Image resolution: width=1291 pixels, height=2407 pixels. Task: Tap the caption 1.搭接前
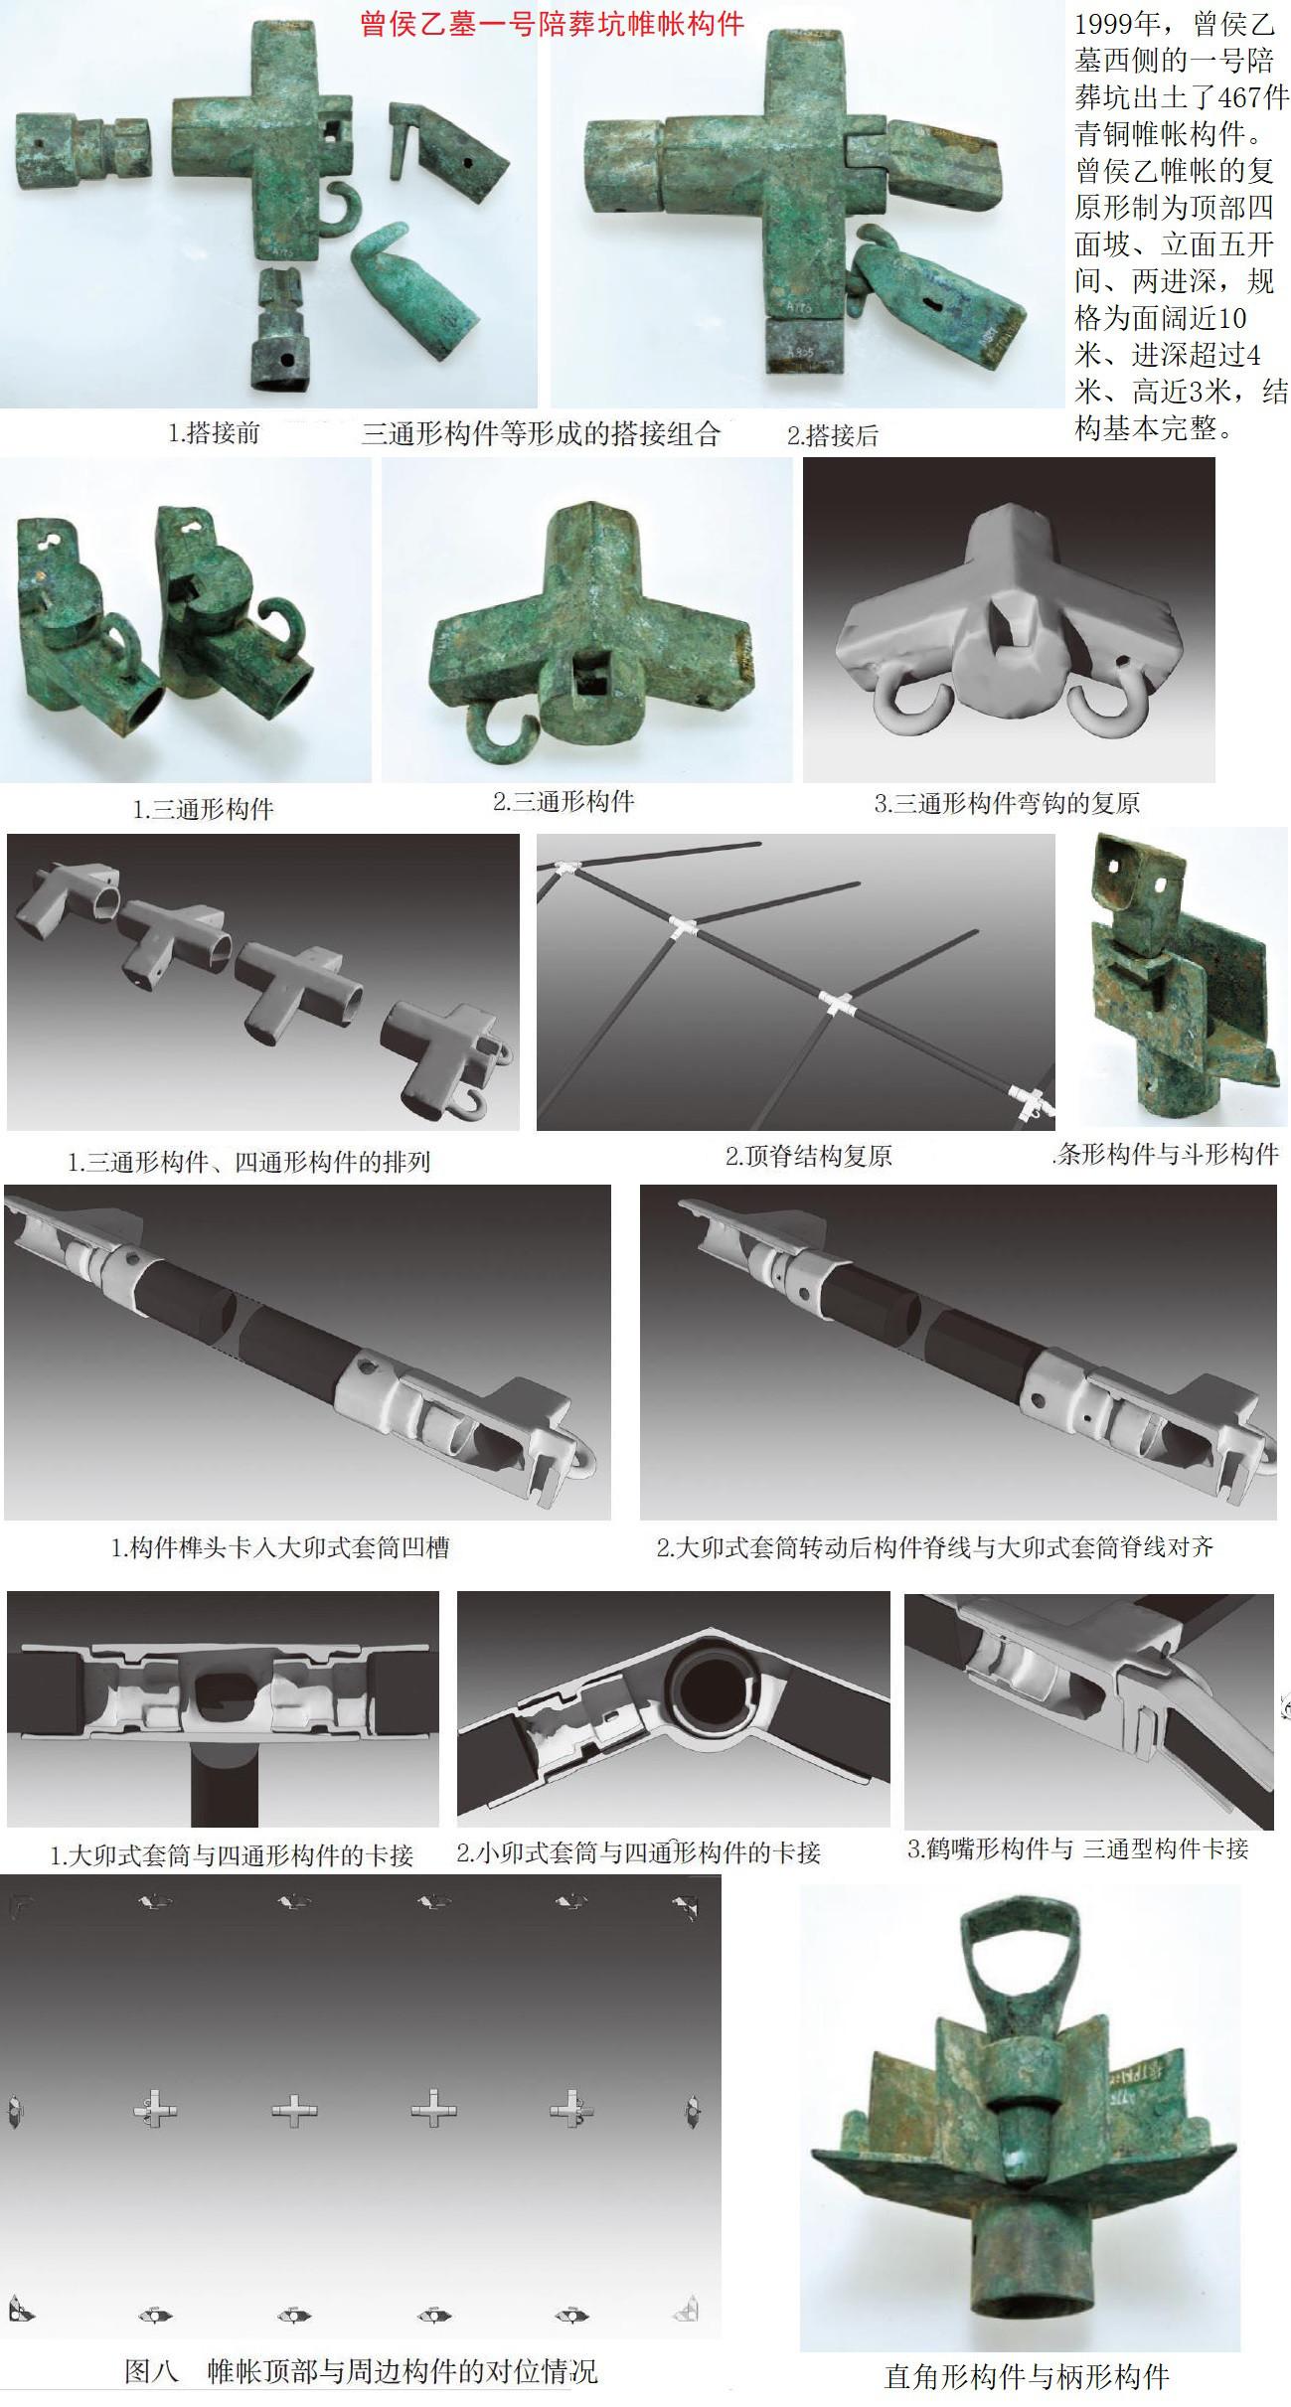pos(214,433)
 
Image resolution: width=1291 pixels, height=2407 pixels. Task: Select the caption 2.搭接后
pos(833,434)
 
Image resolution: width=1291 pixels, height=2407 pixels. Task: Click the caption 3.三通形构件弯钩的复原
pos(1007,803)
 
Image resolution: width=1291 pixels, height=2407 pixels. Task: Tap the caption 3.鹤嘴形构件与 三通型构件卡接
pos(1078,1848)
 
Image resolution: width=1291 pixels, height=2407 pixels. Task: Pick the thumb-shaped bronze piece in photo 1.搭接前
pos(414,295)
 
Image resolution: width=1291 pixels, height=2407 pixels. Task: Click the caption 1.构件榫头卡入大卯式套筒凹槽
pos(280,1546)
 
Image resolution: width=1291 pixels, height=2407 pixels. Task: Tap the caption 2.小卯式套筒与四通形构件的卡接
pos(639,1851)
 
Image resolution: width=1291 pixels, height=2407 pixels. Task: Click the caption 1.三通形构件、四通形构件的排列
pos(248,1161)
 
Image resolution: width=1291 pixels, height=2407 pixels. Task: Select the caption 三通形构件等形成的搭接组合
pos(541,433)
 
